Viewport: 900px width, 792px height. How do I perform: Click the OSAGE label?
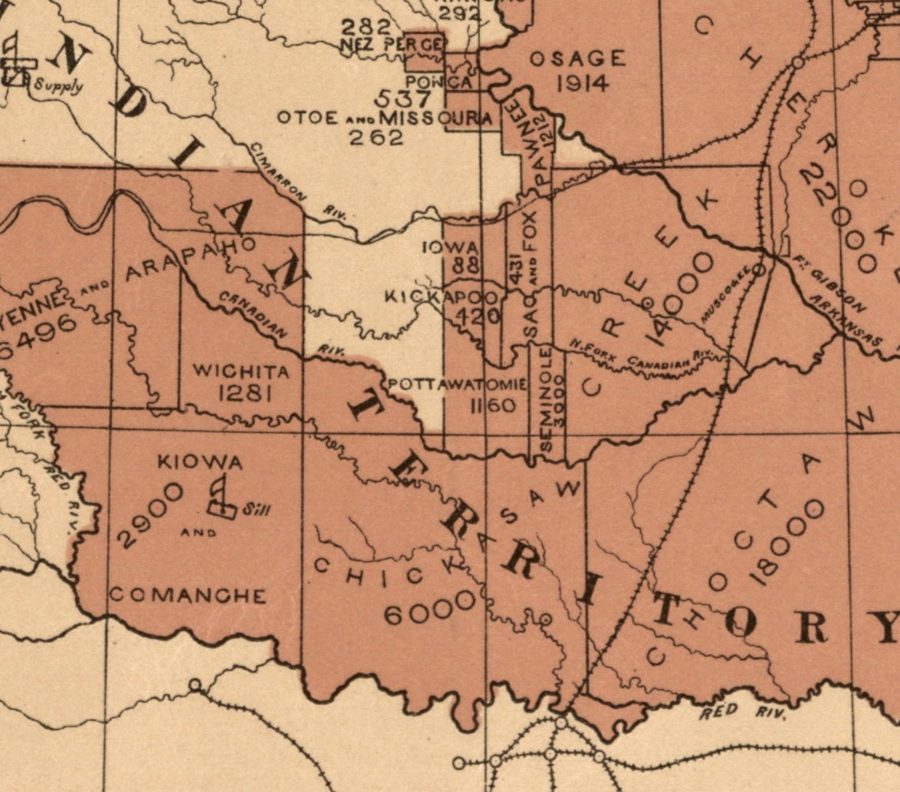tap(577, 59)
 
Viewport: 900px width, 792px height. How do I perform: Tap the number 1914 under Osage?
tap(582, 83)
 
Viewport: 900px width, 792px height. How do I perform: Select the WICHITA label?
tap(240, 370)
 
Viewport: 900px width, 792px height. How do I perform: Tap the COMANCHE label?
tap(187, 596)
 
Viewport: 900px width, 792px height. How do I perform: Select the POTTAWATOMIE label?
tap(457, 384)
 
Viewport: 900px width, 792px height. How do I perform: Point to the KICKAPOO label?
tap(441, 298)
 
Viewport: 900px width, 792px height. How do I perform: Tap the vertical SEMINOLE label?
tap(546, 402)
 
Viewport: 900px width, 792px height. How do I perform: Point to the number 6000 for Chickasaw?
tap(431, 607)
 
